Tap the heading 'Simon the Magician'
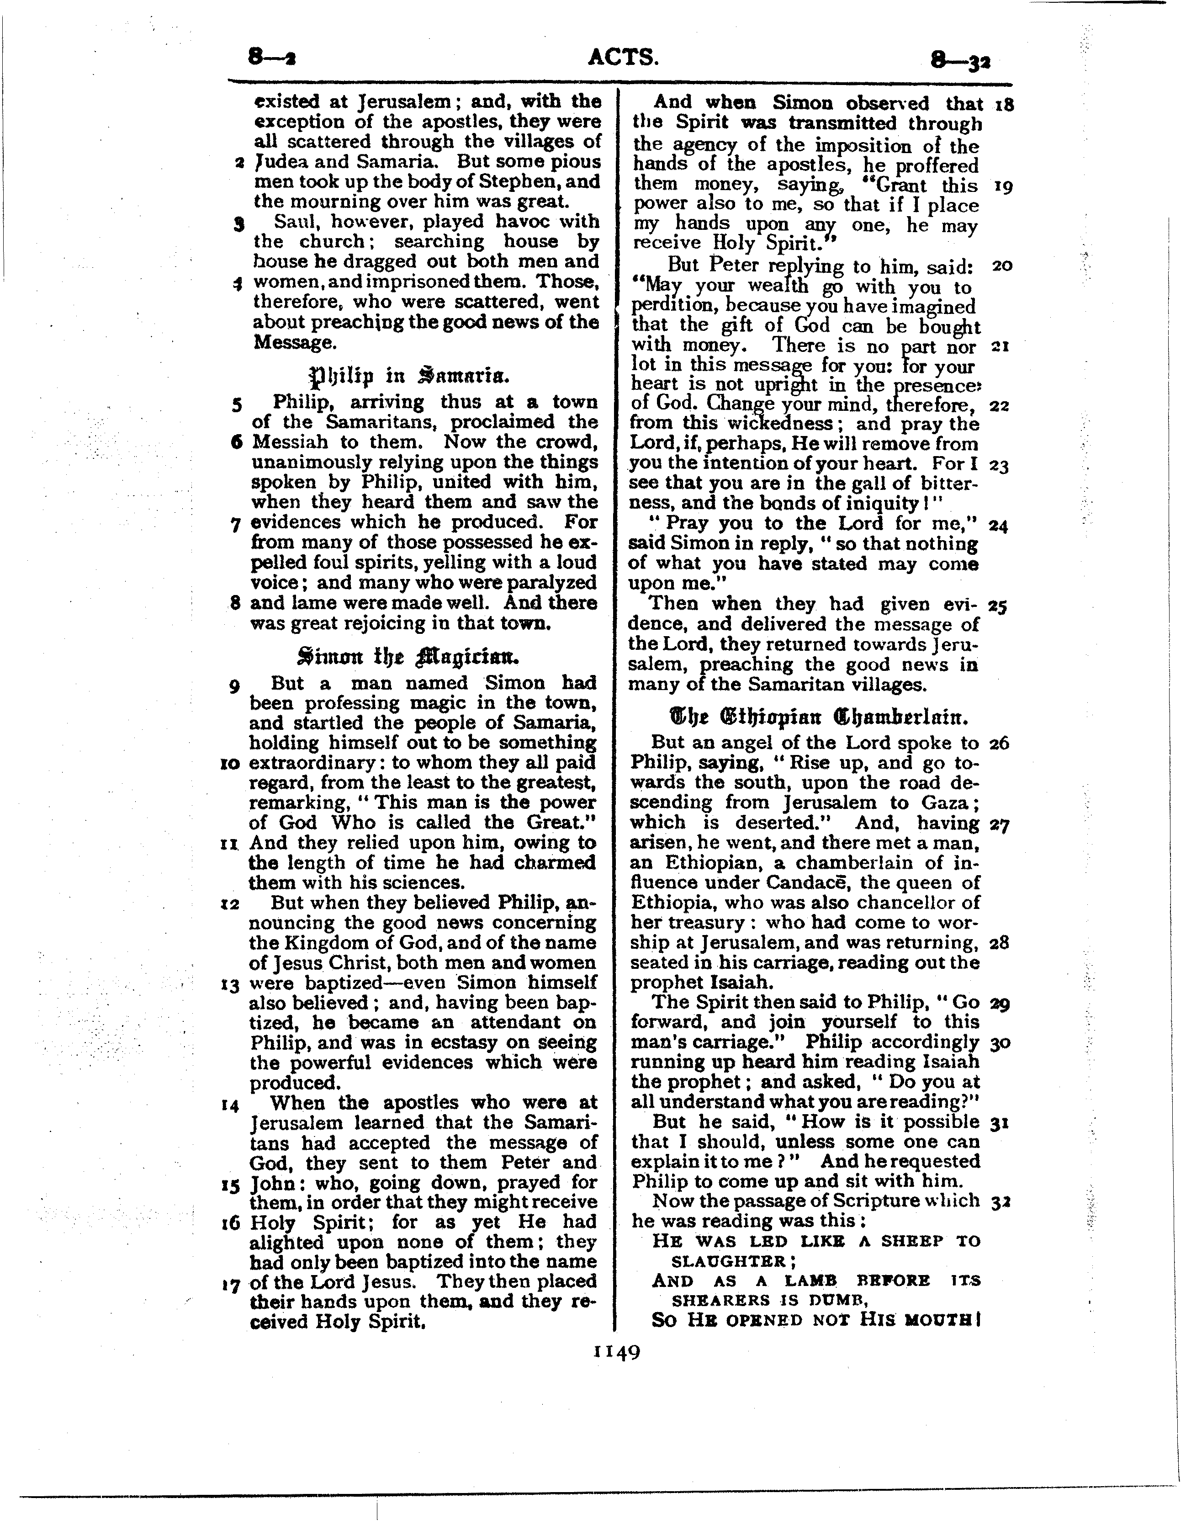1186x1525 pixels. coord(408,656)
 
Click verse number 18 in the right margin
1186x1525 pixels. coord(1004,106)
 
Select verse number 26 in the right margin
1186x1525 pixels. coord(999,743)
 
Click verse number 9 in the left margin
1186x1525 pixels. coord(234,686)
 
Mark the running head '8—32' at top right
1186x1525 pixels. coord(961,61)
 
